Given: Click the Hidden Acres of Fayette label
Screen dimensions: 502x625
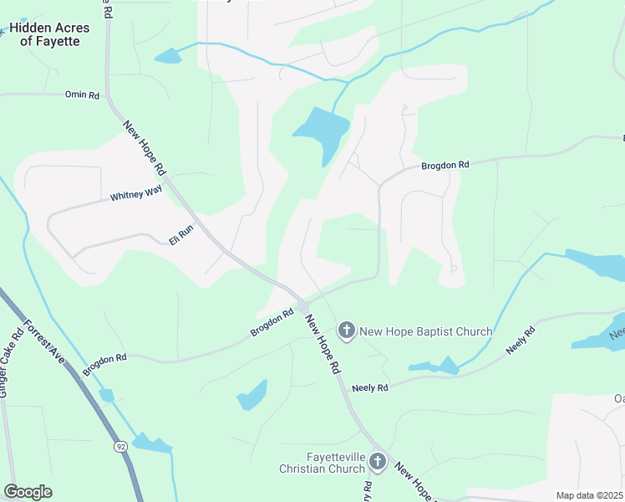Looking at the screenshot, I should [49, 34].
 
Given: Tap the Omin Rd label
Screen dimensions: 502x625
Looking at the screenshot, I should [82, 95].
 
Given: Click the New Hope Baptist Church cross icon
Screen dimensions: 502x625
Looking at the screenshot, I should [347, 331].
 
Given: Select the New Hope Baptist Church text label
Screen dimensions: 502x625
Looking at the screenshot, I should [425, 332].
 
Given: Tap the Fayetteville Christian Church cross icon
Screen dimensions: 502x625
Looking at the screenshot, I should [378, 461].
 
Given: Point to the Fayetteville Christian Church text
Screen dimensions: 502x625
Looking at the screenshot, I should [323, 463].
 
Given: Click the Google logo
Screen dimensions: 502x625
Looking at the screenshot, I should [28, 492].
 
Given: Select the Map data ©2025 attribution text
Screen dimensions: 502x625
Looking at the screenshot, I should [589, 495].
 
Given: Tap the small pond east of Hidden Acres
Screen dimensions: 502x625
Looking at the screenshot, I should [168, 56].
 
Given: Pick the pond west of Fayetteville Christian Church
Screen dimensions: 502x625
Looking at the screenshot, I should [252, 394].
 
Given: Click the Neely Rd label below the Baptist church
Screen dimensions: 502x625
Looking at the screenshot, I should [370, 388].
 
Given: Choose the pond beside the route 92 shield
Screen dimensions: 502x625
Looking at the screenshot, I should [150, 443].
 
